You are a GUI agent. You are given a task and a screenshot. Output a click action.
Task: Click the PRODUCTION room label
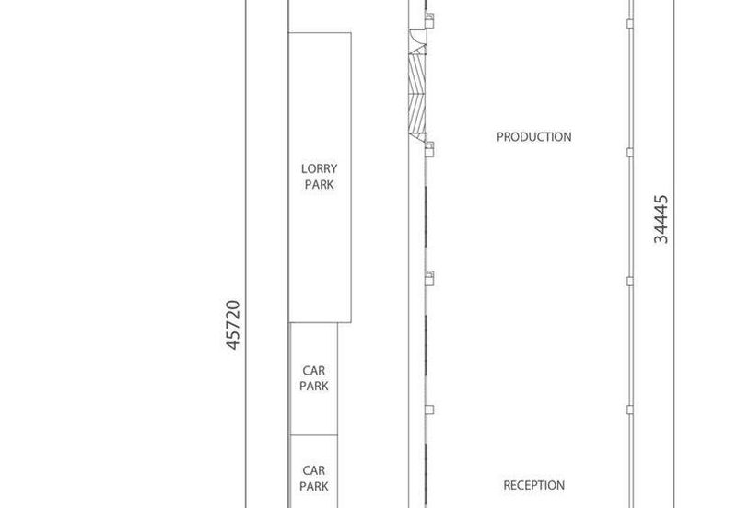point(533,137)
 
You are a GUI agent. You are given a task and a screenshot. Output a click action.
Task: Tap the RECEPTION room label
point(533,485)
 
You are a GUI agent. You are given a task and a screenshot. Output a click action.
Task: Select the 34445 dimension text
point(661,218)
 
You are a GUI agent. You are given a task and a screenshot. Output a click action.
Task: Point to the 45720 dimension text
point(233,324)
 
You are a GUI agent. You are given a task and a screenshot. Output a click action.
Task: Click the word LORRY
point(319,168)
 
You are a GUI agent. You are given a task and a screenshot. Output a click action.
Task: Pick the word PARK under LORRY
point(319,185)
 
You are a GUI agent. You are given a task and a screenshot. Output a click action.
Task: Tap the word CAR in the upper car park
point(313,371)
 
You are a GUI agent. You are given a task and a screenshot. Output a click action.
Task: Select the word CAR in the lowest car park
point(313,469)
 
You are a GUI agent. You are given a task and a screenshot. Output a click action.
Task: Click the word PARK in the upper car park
point(313,387)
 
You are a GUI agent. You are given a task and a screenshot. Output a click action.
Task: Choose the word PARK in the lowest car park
point(313,485)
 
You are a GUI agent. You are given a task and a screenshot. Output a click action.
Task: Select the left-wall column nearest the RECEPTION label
point(428,410)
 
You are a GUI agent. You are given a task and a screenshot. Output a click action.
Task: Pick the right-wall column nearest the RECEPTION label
point(630,410)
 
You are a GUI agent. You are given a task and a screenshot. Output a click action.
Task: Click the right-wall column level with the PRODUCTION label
point(630,151)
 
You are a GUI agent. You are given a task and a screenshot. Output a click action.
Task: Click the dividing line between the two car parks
point(313,435)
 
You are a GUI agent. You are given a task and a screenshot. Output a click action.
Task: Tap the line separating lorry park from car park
point(313,322)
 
